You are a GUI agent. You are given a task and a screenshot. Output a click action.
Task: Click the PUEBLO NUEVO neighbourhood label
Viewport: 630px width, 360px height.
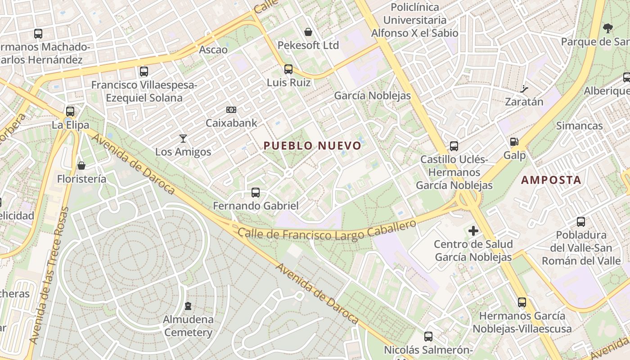tap(312, 146)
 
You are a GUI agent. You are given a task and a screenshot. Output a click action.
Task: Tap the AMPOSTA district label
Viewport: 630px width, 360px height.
tap(551, 180)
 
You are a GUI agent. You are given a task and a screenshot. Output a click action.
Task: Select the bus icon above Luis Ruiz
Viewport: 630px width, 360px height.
tap(288, 69)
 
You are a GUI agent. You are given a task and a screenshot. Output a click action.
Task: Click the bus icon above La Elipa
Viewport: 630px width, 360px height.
tap(70, 111)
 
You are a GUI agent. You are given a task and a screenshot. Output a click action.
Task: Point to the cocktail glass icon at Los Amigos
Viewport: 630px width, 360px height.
tap(183, 138)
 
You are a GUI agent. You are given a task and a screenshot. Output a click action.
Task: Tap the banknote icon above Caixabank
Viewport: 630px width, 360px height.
tap(231, 109)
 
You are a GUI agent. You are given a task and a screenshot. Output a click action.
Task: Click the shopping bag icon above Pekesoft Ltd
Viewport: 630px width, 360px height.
tap(308, 32)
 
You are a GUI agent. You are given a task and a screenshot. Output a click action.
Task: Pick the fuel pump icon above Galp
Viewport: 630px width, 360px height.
tap(514, 142)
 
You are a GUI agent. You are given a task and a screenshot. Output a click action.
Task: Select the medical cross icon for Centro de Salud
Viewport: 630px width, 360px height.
tap(473, 231)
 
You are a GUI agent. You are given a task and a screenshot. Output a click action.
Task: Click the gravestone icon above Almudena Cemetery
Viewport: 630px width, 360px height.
tap(188, 306)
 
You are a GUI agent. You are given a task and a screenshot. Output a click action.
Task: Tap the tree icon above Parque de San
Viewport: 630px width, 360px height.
tap(607, 28)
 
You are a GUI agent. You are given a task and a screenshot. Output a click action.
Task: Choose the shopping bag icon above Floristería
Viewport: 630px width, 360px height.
tap(81, 166)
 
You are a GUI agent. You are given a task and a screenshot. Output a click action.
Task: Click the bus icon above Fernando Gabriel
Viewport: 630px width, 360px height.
tap(256, 193)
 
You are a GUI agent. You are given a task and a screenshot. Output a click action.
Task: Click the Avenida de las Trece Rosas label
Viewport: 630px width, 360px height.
tap(48, 275)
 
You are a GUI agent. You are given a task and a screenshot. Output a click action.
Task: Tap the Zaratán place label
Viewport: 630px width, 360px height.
tap(524, 102)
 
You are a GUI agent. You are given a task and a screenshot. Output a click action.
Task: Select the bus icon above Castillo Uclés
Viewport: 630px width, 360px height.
tap(454, 146)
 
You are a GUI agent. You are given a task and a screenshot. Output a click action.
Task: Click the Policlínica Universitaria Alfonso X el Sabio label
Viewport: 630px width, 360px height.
tap(414, 20)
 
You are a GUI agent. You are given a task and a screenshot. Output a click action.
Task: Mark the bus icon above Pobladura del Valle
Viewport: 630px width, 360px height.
tap(581, 222)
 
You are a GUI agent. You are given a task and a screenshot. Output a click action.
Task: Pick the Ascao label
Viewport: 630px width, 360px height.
tap(213, 49)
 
